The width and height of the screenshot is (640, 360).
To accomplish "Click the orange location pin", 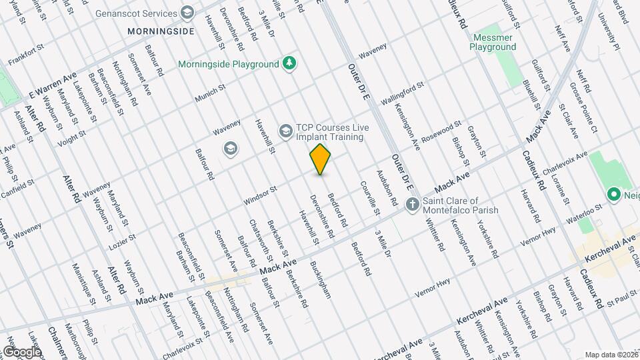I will [x=321, y=159].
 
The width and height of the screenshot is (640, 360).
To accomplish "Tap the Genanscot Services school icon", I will [x=187, y=13].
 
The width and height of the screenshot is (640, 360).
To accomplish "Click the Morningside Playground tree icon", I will [x=289, y=64].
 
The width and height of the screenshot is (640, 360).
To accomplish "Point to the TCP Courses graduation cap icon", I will [x=286, y=131].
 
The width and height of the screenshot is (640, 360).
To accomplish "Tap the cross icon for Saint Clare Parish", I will [x=413, y=204].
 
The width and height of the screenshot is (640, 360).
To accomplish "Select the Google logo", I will [x=21, y=351].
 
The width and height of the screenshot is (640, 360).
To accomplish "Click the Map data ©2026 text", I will [x=611, y=355].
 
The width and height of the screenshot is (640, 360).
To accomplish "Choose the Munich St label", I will [x=211, y=94].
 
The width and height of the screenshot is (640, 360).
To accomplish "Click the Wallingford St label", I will [x=402, y=93].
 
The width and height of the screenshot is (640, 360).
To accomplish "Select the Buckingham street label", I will [x=320, y=279].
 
